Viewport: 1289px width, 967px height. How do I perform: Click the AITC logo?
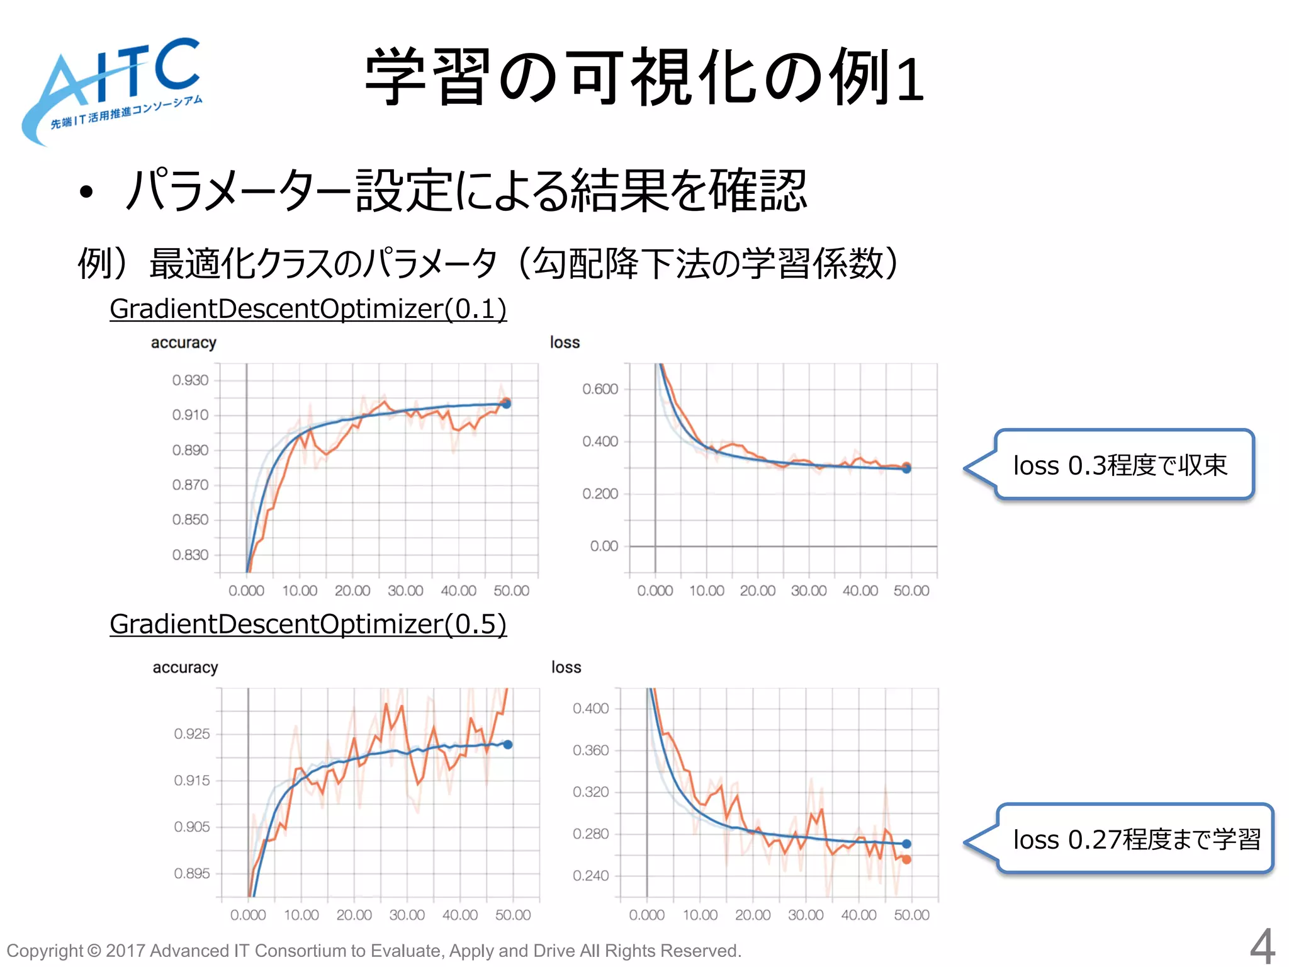click(x=113, y=88)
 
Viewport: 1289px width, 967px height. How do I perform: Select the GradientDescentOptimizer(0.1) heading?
click(x=308, y=308)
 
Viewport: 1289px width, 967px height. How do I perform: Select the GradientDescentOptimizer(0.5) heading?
click(x=308, y=624)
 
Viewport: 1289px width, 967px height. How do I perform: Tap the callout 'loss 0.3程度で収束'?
click(x=1120, y=465)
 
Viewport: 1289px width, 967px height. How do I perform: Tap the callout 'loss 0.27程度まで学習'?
click(x=1136, y=839)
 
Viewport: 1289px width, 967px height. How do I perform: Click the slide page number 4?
click(x=1262, y=946)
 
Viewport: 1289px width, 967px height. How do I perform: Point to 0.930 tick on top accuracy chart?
click(x=190, y=380)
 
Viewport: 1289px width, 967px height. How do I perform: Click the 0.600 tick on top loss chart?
click(x=600, y=389)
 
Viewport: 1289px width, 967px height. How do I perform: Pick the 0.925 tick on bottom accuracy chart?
click(x=192, y=733)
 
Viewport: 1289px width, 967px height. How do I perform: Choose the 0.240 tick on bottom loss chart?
click(x=590, y=876)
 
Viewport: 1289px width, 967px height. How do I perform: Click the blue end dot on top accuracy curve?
click(x=506, y=404)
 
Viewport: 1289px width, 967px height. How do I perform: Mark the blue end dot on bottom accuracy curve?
click(x=508, y=745)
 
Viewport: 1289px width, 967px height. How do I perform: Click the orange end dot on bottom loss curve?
click(x=906, y=859)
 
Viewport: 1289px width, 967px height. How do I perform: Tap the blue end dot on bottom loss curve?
click(x=906, y=844)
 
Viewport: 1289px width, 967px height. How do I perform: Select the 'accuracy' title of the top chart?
click(x=183, y=342)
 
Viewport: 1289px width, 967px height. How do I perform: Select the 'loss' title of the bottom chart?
click(x=566, y=667)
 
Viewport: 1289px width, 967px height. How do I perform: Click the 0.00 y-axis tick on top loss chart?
click(x=604, y=546)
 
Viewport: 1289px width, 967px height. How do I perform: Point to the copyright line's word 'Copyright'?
click(x=44, y=951)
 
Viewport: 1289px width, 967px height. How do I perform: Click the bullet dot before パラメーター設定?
click(x=86, y=192)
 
